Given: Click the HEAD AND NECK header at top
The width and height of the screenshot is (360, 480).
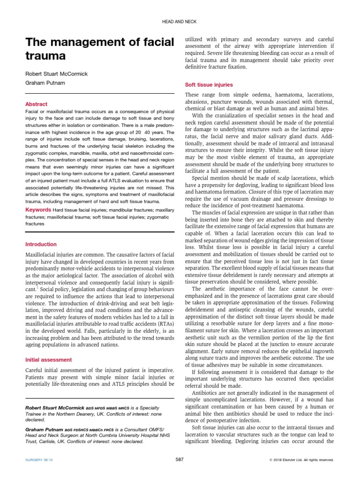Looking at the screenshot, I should click(180, 22).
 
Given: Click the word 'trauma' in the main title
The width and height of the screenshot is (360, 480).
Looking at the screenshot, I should click(45, 56).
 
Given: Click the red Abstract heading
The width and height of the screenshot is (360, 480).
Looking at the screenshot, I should click(36, 104).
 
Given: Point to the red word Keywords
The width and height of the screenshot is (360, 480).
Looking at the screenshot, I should click(38, 209).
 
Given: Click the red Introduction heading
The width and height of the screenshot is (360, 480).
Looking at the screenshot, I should click(41, 244).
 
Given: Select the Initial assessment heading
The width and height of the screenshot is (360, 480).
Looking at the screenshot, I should click(48, 360).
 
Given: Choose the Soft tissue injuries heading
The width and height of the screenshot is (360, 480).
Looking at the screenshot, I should click(209, 85).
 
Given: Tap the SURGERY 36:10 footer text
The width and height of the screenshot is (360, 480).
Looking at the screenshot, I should click(39, 460).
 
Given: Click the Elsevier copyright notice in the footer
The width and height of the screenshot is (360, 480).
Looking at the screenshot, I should click(301, 460).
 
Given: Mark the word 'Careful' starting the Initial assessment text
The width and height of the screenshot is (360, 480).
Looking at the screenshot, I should click(35, 370).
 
